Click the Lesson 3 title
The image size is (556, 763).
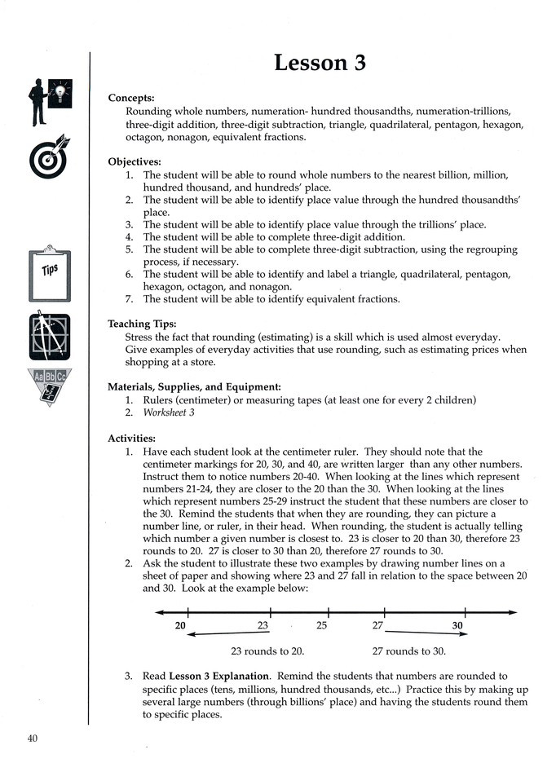pos(320,63)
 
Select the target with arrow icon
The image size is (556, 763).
pos(50,157)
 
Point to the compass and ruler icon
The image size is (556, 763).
pos(49,337)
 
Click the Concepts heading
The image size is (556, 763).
pos(131,98)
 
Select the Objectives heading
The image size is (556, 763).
pos(135,161)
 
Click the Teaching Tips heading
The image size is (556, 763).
pos(143,324)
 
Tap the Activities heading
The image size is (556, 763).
pos(132,439)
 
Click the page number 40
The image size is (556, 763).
pos(32,739)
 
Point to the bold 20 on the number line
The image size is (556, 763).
pos(180,626)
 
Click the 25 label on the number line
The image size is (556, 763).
pos(321,626)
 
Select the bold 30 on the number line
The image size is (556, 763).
pos(458,626)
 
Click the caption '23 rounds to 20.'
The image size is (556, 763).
pos(267,651)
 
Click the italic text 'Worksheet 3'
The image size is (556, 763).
pos(171,412)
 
